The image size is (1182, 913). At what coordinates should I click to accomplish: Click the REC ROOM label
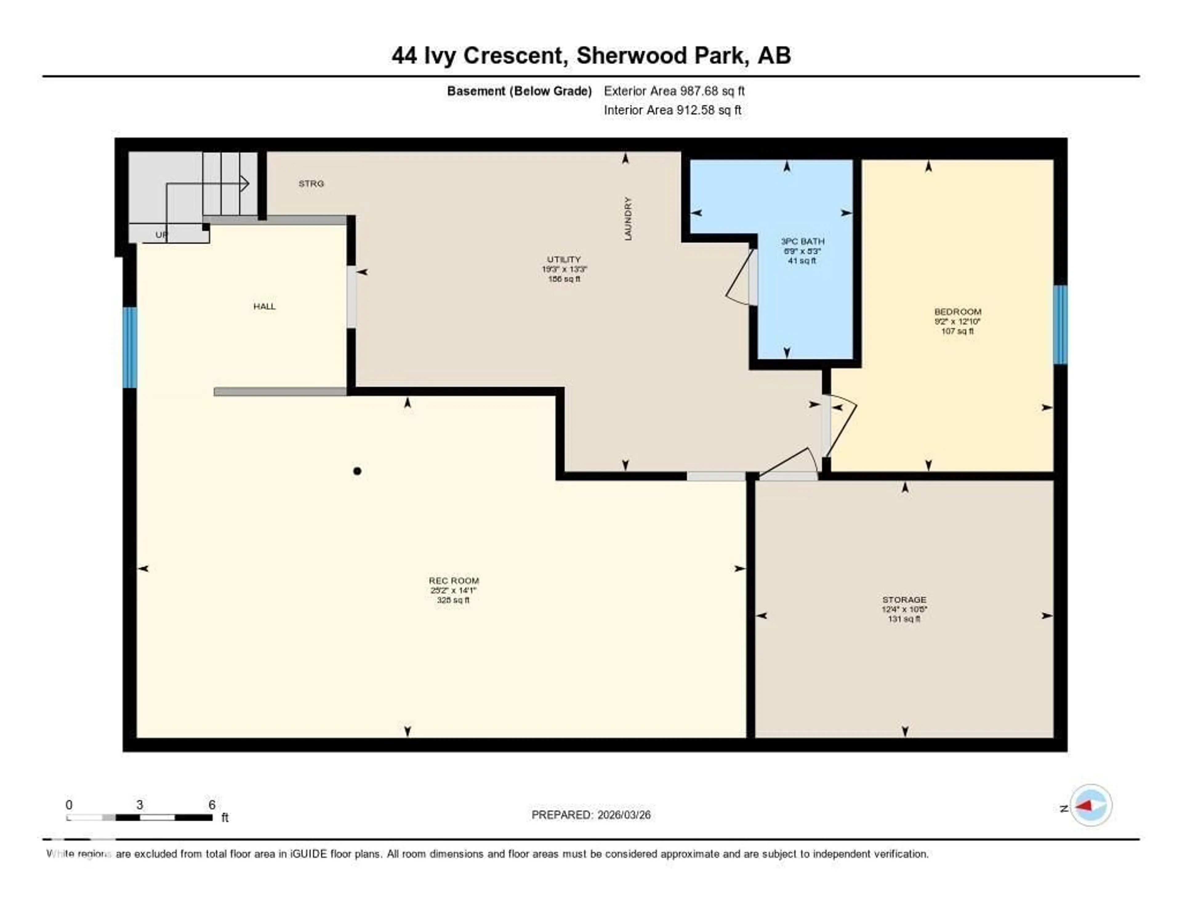453,581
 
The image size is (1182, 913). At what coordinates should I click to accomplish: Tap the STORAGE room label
904,600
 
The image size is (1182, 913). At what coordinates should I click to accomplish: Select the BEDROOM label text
957,312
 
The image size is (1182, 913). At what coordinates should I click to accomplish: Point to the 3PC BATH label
802,241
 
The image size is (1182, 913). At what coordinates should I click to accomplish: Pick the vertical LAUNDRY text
628,219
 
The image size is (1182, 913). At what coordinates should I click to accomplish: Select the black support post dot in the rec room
357,471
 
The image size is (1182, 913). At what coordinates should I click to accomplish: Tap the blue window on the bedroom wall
1060,325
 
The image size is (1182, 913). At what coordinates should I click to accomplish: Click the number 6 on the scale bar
212,805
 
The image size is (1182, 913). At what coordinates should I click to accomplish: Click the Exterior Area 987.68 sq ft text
674,91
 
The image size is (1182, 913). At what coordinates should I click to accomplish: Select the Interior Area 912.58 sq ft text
672,110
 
